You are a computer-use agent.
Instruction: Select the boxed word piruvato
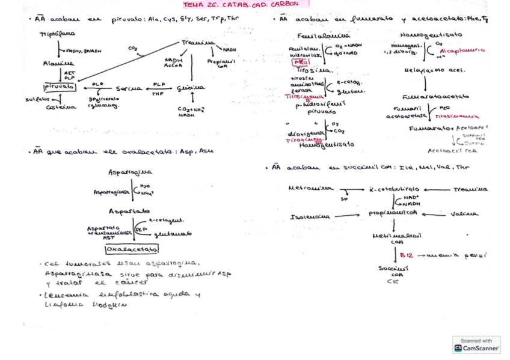pyautogui.click(x=60, y=87)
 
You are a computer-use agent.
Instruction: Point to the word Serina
pyautogui.click(x=129, y=88)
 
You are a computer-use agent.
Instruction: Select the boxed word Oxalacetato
pyautogui.click(x=132, y=249)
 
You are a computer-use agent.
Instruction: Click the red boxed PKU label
pyautogui.click(x=299, y=62)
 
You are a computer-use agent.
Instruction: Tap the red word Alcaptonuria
pyautogui.click(x=462, y=50)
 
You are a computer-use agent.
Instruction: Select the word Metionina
pyautogui.click(x=310, y=188)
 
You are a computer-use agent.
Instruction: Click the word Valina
pyautogui.click(x=464, y=214)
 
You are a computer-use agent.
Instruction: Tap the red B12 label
pyautogui.click(x=407, y=255)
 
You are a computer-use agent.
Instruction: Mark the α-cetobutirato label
pyautogui.click(x=395, y=189)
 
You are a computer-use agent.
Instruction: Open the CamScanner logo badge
pyautogui.click(x=476, y=344)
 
